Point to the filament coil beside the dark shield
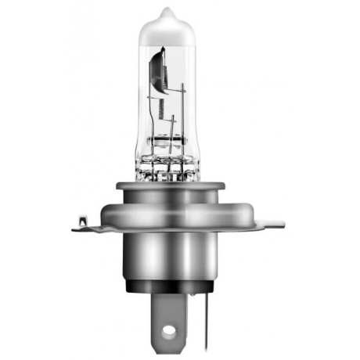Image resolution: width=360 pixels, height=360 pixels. pos(167,74)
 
